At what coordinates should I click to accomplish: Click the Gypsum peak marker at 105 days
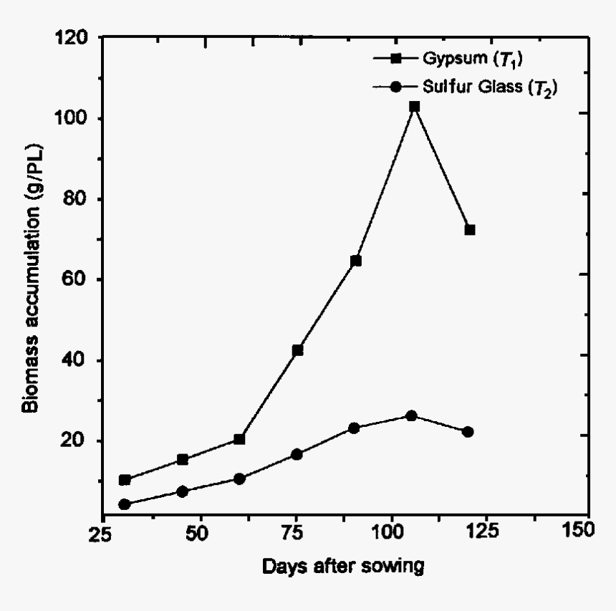tap(414, 106)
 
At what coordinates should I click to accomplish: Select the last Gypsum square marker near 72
tap(470, 230)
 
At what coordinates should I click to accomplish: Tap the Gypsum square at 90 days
tap(356, 261)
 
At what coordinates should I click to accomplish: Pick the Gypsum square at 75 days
tap(298, 350)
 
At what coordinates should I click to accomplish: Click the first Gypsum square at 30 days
tap(125, 480)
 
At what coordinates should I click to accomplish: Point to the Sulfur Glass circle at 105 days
tap(411, 415)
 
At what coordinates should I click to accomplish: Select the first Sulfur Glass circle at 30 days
tap(125, 504)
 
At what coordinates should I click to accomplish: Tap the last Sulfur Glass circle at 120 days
tap(468, 432)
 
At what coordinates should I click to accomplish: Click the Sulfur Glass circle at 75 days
tap(297, 454)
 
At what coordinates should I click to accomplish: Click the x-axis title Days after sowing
tap(343, 567)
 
